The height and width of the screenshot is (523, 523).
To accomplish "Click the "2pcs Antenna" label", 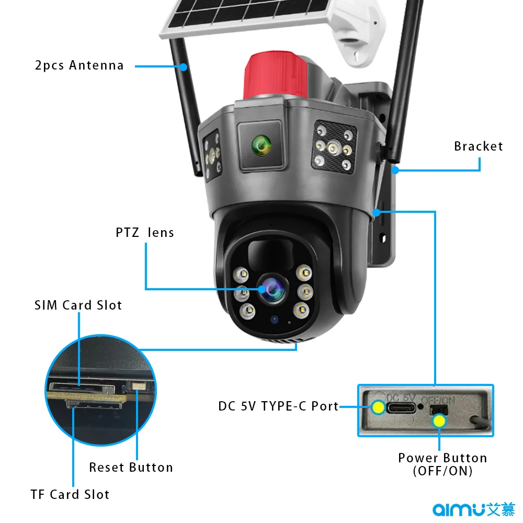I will pos(79,65).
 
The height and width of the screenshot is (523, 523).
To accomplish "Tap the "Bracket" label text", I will pos(478,146).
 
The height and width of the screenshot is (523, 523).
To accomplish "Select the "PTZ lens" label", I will pos(145,232).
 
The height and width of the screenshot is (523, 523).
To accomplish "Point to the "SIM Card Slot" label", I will pos(78,305).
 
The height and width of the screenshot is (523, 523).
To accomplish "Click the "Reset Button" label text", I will pos(131,468).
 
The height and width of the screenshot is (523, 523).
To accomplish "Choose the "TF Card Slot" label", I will pos(70,494).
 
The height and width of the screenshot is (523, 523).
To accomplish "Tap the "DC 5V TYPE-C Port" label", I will pos(278,406).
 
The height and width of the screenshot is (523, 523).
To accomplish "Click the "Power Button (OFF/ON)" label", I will pos(442,464).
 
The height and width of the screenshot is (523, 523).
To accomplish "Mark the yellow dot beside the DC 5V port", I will pos(377,407).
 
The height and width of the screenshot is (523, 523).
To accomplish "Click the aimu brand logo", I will pos(474,509).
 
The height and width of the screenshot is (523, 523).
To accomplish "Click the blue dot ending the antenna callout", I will pos(184,66).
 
